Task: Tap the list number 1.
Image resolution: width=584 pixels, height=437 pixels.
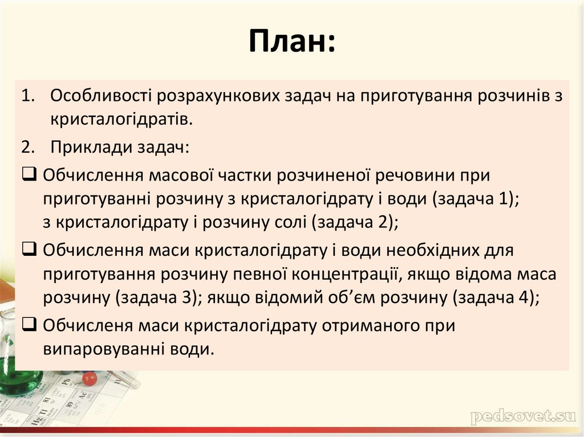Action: click(x=28, y=95)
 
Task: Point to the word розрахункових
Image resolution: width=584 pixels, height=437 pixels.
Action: click(x=210, y=95)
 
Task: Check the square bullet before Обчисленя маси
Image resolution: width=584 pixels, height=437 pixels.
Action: click(x=29, y=325)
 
